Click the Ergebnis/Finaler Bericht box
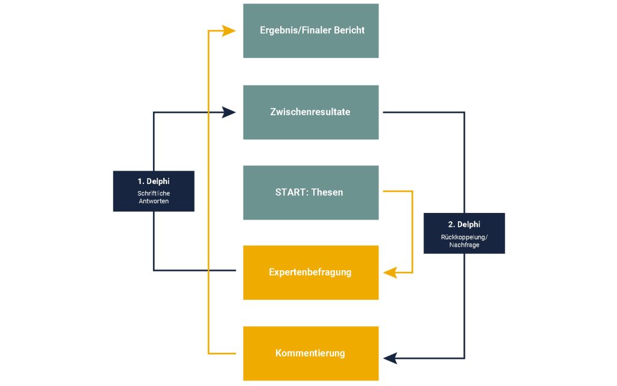point(311,31)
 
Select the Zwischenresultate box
point(311,112)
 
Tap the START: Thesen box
point(311,192)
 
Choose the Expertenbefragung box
point(311,273)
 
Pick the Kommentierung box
point(311,353)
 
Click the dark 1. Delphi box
point(154,191)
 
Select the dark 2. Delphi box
point(465,233)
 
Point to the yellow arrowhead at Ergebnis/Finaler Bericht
point(228,31)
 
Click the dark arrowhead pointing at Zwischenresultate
point(228,112)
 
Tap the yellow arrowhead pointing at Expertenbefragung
point(390,273)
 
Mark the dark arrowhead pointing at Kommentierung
point(390,358)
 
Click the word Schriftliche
point(154,194)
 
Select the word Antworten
point(154,201)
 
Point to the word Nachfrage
point(465,245)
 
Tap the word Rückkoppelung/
point(465,237)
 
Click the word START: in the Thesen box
point(292,192)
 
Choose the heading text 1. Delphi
point(154,182)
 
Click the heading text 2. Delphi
point(465,224)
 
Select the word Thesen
point(327,192)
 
